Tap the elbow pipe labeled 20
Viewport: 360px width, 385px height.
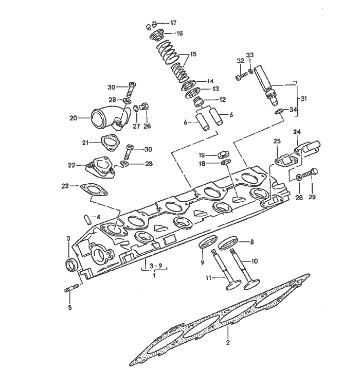pos(105,118)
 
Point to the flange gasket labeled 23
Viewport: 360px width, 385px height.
pos(92,189)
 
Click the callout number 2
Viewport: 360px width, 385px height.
pos(228,342)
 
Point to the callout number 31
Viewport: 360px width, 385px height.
pos(303,98)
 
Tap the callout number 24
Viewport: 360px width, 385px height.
pos(297,132)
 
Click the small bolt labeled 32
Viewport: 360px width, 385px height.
pos(239,78)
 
